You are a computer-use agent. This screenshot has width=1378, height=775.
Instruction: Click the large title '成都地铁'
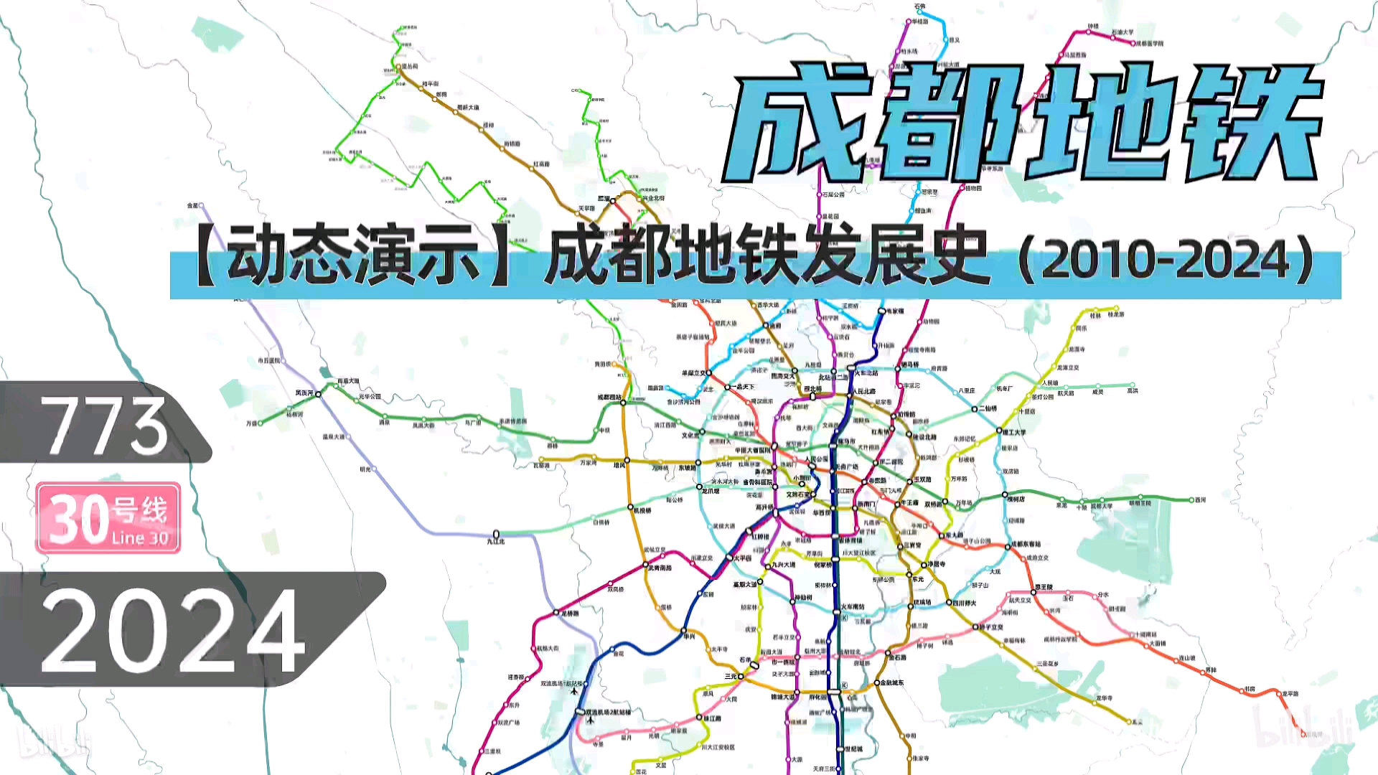point(1023,122)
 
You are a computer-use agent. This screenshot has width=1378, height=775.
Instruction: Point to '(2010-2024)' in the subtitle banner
point(1166,260)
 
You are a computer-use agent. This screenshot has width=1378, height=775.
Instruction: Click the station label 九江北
point(496,542)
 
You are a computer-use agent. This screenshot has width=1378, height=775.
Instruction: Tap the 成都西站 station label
point(609,397)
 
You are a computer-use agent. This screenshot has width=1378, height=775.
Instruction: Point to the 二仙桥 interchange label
point(988,408)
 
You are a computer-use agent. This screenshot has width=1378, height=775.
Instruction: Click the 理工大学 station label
point(1014,432)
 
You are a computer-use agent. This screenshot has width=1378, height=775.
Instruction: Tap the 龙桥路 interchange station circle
point(556,613)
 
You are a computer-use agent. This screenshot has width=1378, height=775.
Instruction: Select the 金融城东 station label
point(892,682)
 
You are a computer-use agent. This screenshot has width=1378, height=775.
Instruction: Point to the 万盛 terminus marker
point(261,423)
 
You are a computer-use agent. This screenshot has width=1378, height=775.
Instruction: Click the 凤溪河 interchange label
point(304,393)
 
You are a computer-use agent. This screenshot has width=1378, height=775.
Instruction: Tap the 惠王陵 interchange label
point(1044,587)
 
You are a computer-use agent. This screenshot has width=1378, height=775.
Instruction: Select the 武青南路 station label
point(660,568)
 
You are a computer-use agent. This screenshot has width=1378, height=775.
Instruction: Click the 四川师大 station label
point(964,603)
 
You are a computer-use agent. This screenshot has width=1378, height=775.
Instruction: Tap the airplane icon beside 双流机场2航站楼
point(591,720)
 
